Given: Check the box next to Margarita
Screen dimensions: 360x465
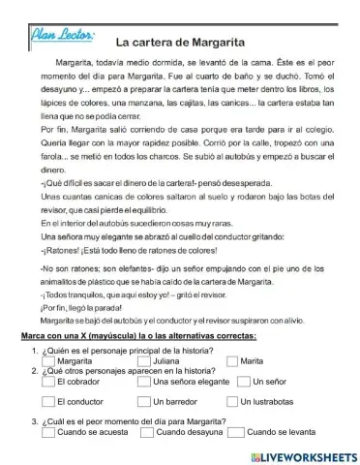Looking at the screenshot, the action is pyautogui.click(x=49, y=360).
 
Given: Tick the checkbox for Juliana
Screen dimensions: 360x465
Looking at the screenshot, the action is pyautogui.click(x=146, y=360).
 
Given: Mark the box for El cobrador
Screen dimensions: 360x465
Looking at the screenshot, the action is pyautogui.click(x=49, y=381).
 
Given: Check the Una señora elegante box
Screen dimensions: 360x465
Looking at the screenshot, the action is pyautogui.click(x=146, y=381).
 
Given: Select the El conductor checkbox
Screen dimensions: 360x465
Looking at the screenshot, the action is pyautogui.click(x=49, y=401).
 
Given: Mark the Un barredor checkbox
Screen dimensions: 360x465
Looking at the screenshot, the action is pyautogui.click(x=146, y=401).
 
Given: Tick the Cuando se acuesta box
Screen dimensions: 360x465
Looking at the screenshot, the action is pyautogui.click(x=49, y=432).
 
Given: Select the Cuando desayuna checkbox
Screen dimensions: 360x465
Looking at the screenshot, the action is pyautogui.click(x=146, y=432).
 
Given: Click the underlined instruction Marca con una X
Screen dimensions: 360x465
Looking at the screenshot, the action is pyautogui.click(x=137, y=335).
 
